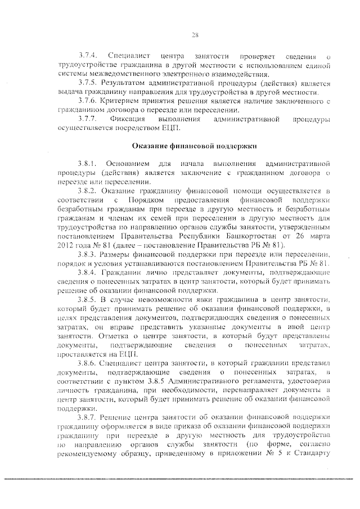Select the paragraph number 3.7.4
coord(88,57)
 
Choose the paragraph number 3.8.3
coord(88,255)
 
